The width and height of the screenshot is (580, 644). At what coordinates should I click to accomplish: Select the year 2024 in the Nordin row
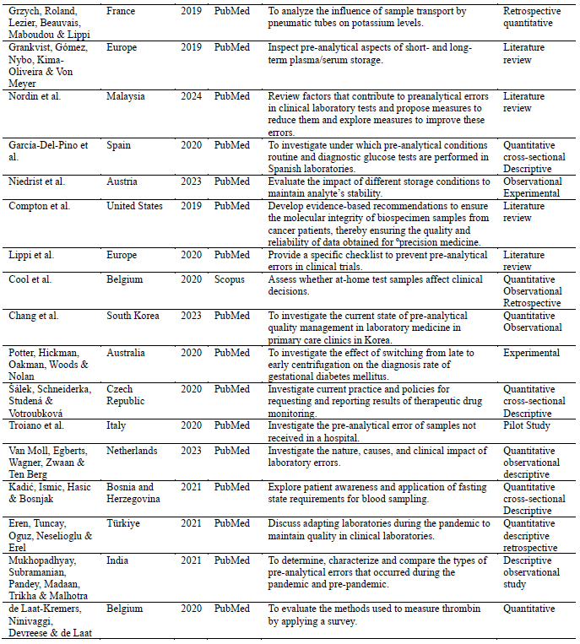pos(192,96)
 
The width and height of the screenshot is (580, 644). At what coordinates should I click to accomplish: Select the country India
pos(119,560)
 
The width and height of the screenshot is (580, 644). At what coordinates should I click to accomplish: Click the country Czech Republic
pos(126,395)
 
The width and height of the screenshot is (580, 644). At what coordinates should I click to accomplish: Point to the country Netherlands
pos(133,451)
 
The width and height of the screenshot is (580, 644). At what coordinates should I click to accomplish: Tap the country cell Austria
pos(123,181)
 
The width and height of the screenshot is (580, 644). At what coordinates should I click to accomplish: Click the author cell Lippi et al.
pos(35,255)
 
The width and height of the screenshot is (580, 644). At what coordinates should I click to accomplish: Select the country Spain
pos(120,145)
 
